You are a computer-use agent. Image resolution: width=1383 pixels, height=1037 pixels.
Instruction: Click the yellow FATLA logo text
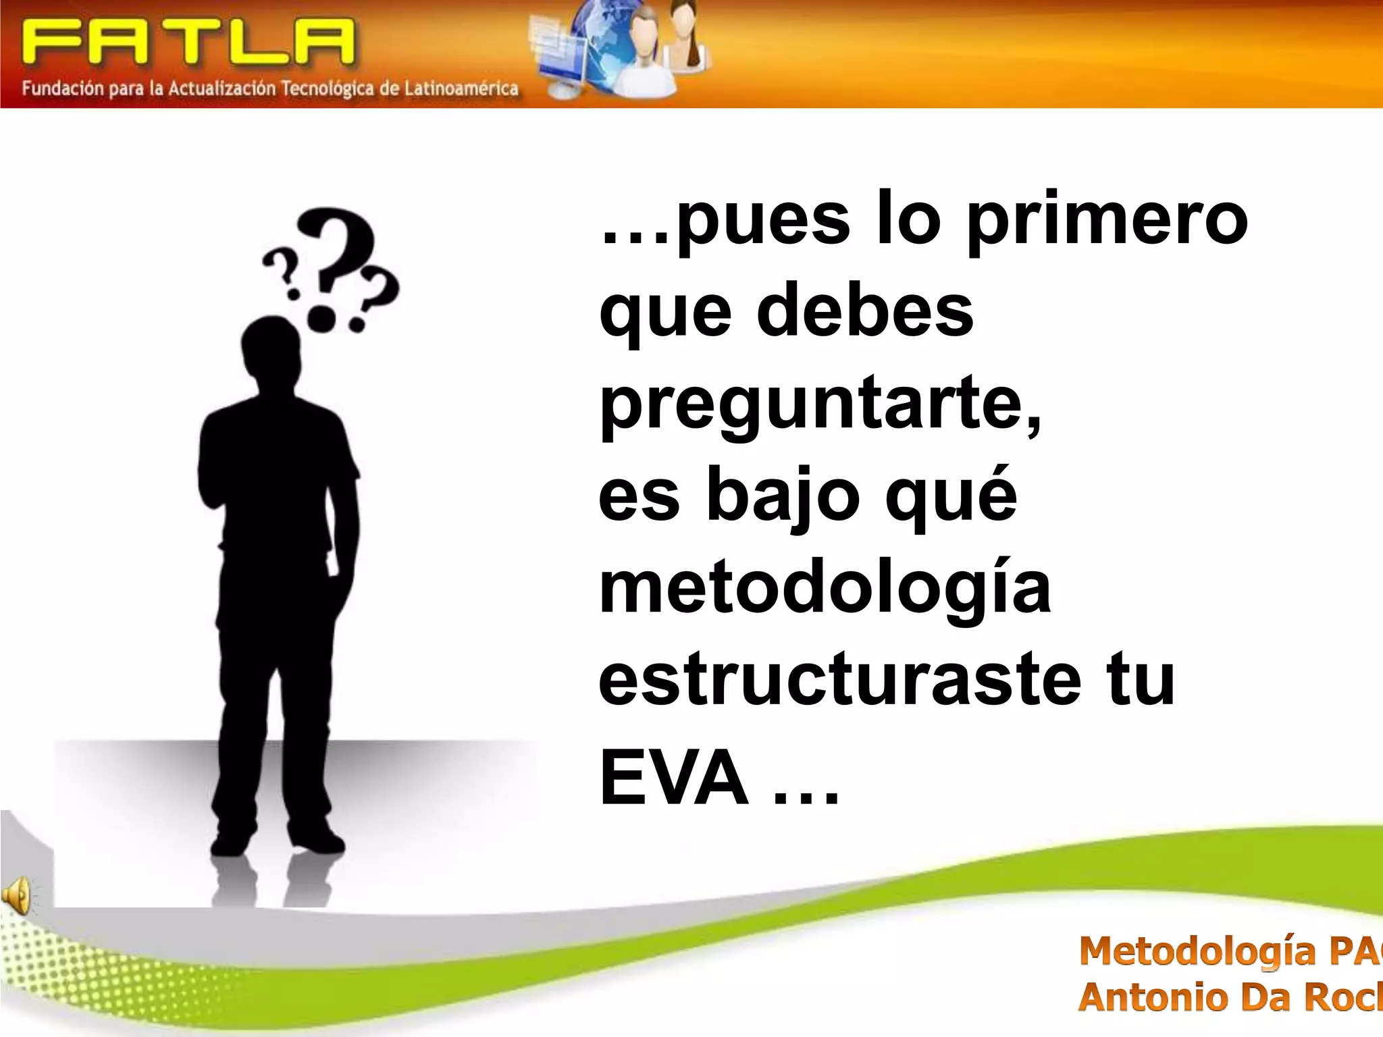pyautogui.click(x=188, y=42)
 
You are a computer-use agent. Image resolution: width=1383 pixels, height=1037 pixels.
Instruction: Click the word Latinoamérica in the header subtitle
pyautogui.click(x=461, y=88)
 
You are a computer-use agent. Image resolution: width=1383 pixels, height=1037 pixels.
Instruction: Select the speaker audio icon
pyautogui.click(x=16, y=896)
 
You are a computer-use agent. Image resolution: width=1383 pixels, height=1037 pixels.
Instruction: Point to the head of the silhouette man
pyautogui.click(x=270, y=348)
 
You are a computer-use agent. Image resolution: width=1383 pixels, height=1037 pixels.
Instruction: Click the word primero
pyautogui.click(x=1107, y=223)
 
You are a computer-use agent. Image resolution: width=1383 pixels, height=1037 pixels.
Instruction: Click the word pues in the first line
pyautogui.click(x=763, y=223)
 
